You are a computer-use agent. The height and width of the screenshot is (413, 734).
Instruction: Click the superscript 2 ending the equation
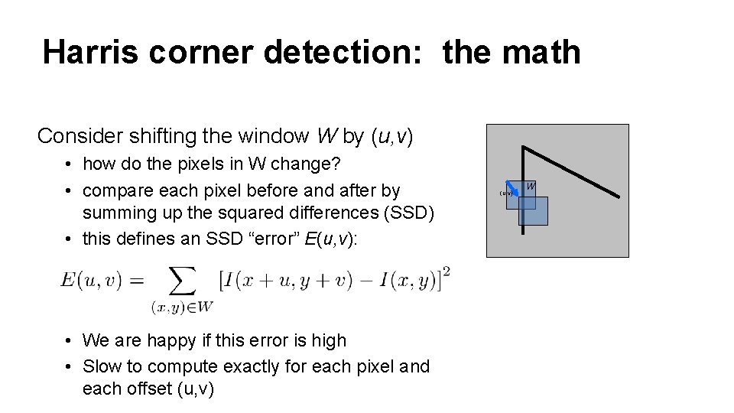click(446, 272)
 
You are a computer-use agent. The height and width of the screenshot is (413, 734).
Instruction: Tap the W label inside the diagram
click(530, 185)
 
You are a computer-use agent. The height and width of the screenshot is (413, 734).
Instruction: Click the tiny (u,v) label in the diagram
click(505, 193)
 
